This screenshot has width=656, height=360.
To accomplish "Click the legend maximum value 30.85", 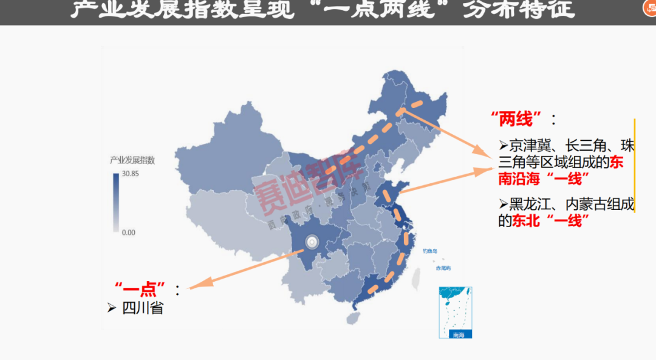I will (131, 174).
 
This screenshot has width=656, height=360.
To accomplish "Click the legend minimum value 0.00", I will (129, 233).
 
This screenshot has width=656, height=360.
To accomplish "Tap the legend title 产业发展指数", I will (132, 160).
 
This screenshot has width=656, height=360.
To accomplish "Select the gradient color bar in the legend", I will (116, 203).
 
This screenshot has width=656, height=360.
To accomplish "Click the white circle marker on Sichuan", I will (312, 242).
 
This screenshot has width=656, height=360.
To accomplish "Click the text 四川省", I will (143, 308).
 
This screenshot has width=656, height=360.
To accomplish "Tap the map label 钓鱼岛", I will (430, 251).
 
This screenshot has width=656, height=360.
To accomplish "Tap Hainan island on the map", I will (353, 318).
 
